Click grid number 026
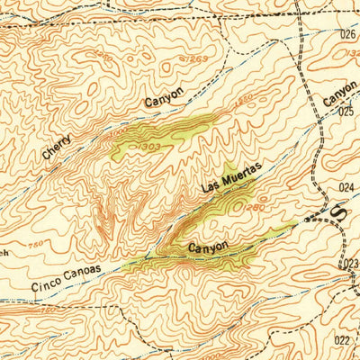click(x=349, y=33)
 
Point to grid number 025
click(x=347, y=112)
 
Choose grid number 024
click(x=348, y=187)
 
